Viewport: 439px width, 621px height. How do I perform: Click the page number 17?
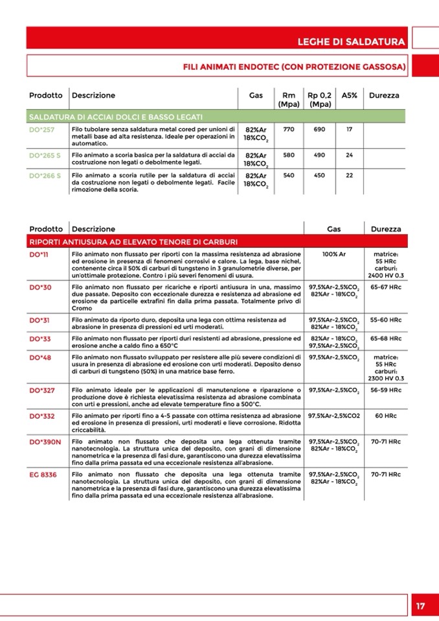pyautogui.click(x=420, y=606)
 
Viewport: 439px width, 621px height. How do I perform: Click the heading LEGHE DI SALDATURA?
pyautogui.click(x=352, y=42)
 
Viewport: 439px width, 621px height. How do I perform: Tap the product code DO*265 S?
pyautogui.click(x=45, y=155)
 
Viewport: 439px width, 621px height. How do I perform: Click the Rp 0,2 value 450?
pyautogui.click(x=319, y=175)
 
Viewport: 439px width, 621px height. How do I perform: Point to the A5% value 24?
pyautogui.click(x=350, y=155)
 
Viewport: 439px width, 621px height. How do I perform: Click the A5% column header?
pyautogui.click(x=350, y=95)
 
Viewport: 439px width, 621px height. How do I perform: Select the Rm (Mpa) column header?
pyautogui.click(x=288, y=99)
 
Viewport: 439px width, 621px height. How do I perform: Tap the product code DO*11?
pyautogui.click(x=39, y=254)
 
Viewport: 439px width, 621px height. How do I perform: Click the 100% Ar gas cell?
pyautogui.click(x=334, y=254)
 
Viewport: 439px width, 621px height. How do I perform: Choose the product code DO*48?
pyautogui.click(x=41, y=357)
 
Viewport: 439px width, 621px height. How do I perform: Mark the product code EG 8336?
pyautogui.click(x=43, y=475)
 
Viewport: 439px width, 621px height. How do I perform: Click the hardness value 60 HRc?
pyautogui.click(x=385, y=415)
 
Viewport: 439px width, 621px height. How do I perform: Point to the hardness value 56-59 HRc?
pyautogui.click(x=385, y=390)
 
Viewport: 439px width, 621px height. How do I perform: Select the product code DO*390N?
pyautogui.click(x=45, y=442)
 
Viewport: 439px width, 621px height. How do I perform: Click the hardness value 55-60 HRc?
pyautogui.click(x=385, y=320)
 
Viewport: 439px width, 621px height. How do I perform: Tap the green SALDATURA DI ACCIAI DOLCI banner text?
pyautogui.click(x=116, y=117)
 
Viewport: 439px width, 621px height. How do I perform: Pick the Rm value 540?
pyautogui.click(x=289, y=175)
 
